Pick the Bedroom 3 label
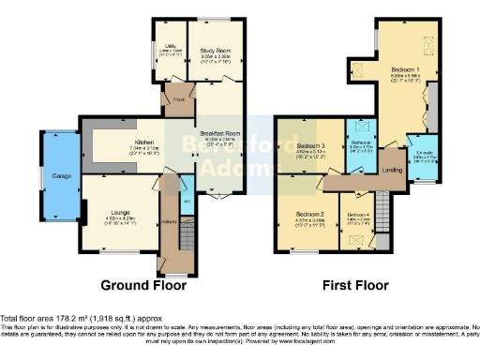tap(310, 146)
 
